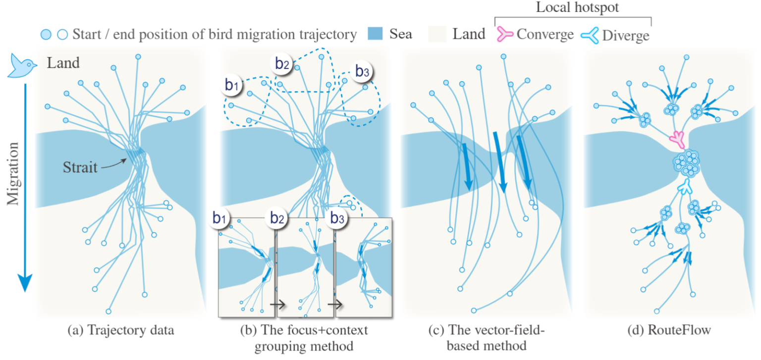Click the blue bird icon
(x=21, y=66)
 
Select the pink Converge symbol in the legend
(x=505, y=34)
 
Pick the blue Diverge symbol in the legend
(x=590, y=34)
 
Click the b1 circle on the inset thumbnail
(x=220, y=218)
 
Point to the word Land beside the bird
(x=63, y=63)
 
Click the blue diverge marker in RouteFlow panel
(x=685, y=187)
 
